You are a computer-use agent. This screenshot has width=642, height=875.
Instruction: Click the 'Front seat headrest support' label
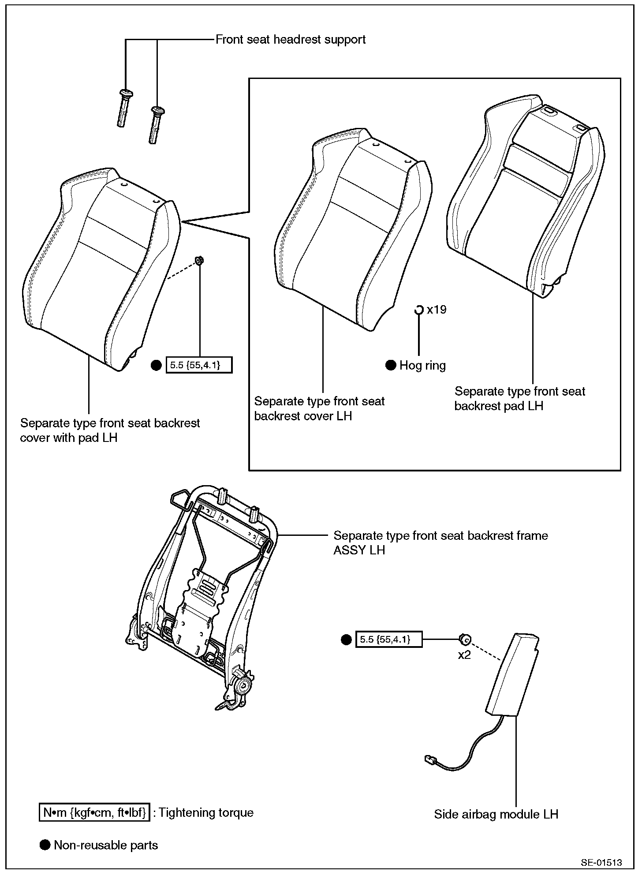tap(290, 40)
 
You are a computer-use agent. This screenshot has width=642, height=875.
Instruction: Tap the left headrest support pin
tap(123, 108)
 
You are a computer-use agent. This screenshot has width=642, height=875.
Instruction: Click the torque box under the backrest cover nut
tap(199, 365)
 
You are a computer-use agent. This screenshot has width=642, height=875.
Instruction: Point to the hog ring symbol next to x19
tap(418, 310)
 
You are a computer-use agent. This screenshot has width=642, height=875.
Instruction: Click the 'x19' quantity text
tap(437, 310)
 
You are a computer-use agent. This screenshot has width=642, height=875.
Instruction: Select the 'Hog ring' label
tap(422, 366)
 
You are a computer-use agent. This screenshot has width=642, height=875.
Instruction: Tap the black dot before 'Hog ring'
tap(391, 365)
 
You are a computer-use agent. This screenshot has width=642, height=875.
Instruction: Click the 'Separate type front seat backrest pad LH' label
tap(519, 398)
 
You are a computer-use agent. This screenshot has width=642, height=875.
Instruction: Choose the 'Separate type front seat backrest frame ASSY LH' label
tap(440, 542)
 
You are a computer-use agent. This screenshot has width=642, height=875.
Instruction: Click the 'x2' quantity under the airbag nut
tap(464, 655)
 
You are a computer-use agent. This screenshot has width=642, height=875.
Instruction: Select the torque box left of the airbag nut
tap(388, 639)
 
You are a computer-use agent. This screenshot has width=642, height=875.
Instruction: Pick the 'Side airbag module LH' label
tap(496, 814)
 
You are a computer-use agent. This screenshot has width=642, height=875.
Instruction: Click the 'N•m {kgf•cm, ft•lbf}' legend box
tap(95, 812)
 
